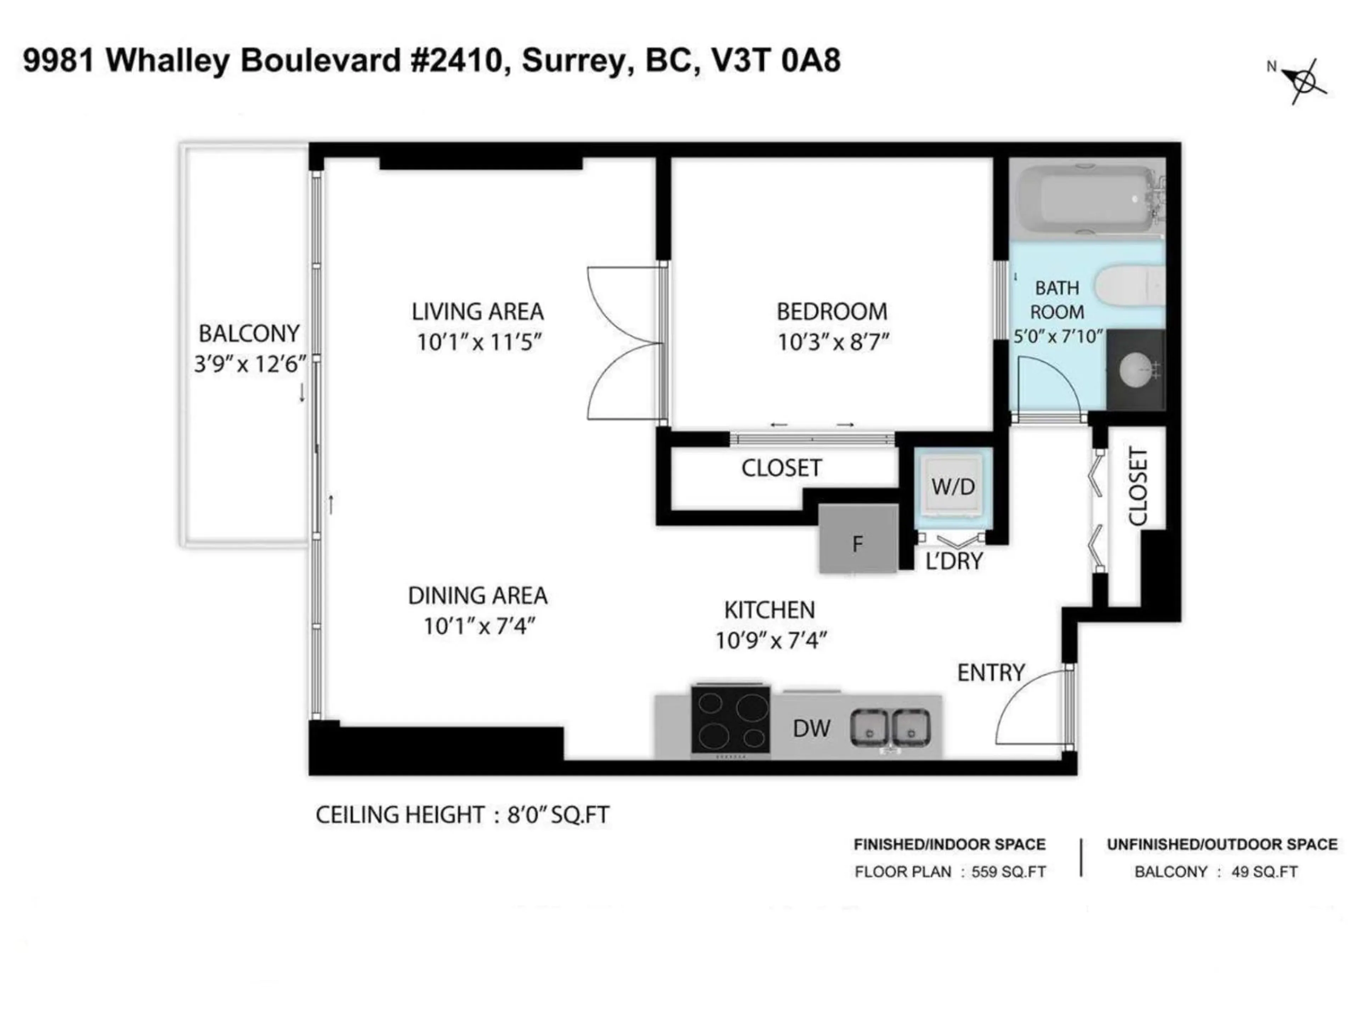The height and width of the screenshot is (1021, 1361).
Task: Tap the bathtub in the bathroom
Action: [x=1084, y=199]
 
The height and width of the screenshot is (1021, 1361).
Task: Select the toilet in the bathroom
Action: [x=1132, y=285]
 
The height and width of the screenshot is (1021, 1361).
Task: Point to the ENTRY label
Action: [x=991, y=673]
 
